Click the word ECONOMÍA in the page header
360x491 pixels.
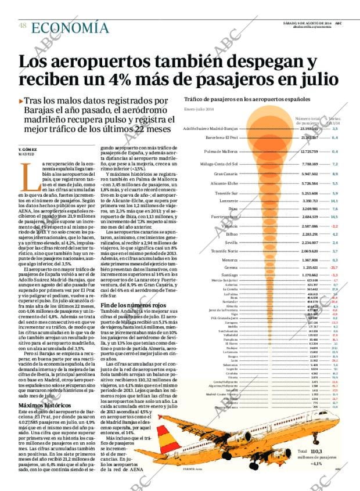tap(70, 28)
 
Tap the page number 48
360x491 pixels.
tap(22, 26)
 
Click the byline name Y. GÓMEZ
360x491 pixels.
tap(28, 150)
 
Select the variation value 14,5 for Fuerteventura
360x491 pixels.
tap(334, 216)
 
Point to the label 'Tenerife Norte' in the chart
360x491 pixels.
tap(224, 251)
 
